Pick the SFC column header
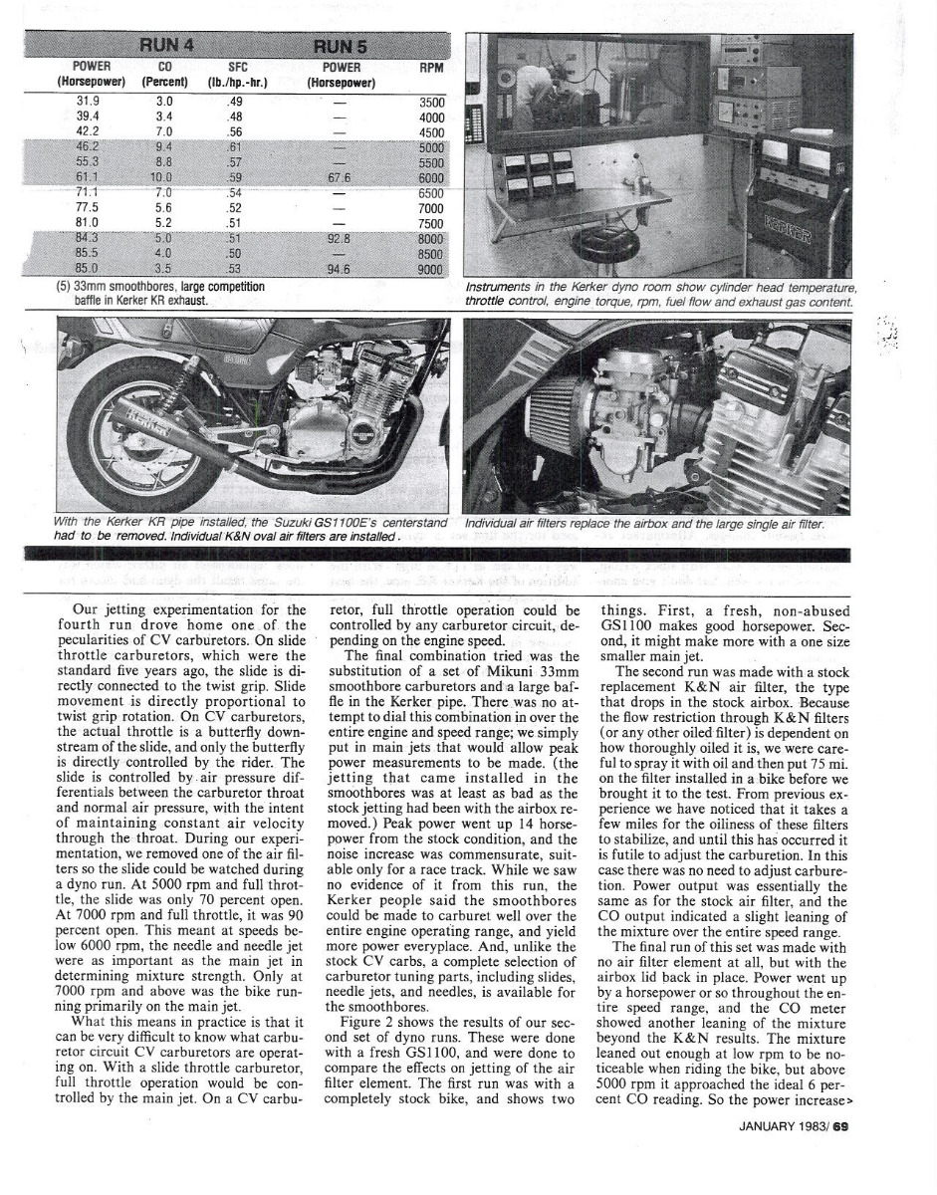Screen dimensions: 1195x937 pyautogui.click(x=236, y=68)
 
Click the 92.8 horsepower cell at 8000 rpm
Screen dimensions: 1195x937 pyautogui.click(x=341, y=238)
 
